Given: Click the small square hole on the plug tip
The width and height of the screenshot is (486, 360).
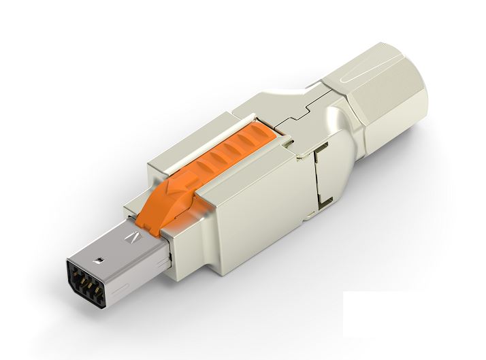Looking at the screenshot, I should [x=99, y=259].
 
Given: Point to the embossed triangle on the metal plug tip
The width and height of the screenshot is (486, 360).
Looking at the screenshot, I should [x=134, y=238].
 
